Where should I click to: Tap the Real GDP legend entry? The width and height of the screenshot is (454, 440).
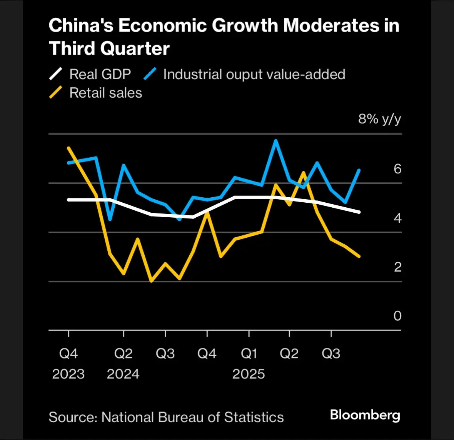click(x=100, y=74)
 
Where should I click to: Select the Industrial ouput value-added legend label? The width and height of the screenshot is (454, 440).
click(x=254, y=74)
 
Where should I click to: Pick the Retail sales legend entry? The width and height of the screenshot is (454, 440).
click(x=105, y=93)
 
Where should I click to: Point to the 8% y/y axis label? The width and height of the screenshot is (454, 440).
click(x=379, y=119)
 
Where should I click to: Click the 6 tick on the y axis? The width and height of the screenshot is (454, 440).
click(x=397, y=168)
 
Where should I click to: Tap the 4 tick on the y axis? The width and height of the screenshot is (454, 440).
click(x=397, y=218)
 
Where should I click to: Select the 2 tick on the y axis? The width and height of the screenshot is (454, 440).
click(x=397, y=267)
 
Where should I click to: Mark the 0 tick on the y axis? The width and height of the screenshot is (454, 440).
click(x=397, y=316)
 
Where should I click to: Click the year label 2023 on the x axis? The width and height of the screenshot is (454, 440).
click(x=68, y=374)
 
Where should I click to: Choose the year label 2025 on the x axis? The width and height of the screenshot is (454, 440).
click(x=249, y=374)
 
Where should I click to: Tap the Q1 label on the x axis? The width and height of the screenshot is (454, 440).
click(x=249, y=353)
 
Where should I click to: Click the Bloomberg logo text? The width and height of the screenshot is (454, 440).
click(x=365, y=415)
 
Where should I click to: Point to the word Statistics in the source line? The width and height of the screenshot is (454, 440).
click(x=254, y=417)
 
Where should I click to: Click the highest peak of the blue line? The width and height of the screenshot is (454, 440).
click(x=275, y=141)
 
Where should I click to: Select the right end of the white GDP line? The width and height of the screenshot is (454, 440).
click(x=359, y=212)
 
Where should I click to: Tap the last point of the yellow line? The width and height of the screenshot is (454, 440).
click(x=359, y=256)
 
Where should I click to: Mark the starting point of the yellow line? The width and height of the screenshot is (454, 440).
click(x=68, y=148)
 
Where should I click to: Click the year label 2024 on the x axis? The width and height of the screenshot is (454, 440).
click(x=123, y=374)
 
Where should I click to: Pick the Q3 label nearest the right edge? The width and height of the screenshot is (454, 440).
click(x=331, y=353)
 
